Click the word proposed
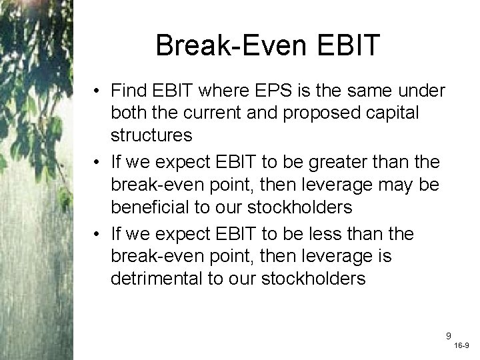(313, 113)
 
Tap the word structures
(152, 135)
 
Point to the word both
(129, 113)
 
